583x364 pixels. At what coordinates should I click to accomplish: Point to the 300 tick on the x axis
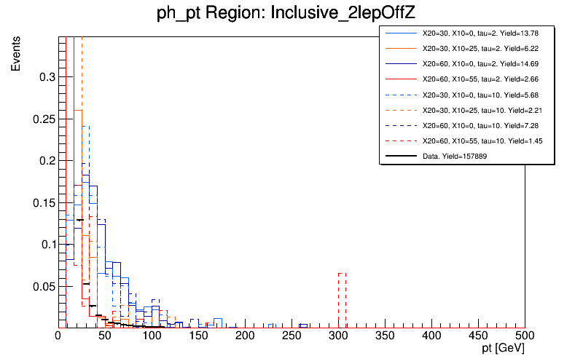338,328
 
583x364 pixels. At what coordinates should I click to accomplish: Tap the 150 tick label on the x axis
198,336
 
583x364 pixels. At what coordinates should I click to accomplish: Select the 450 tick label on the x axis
478,336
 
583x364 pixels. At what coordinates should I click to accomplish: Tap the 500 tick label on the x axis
525,336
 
